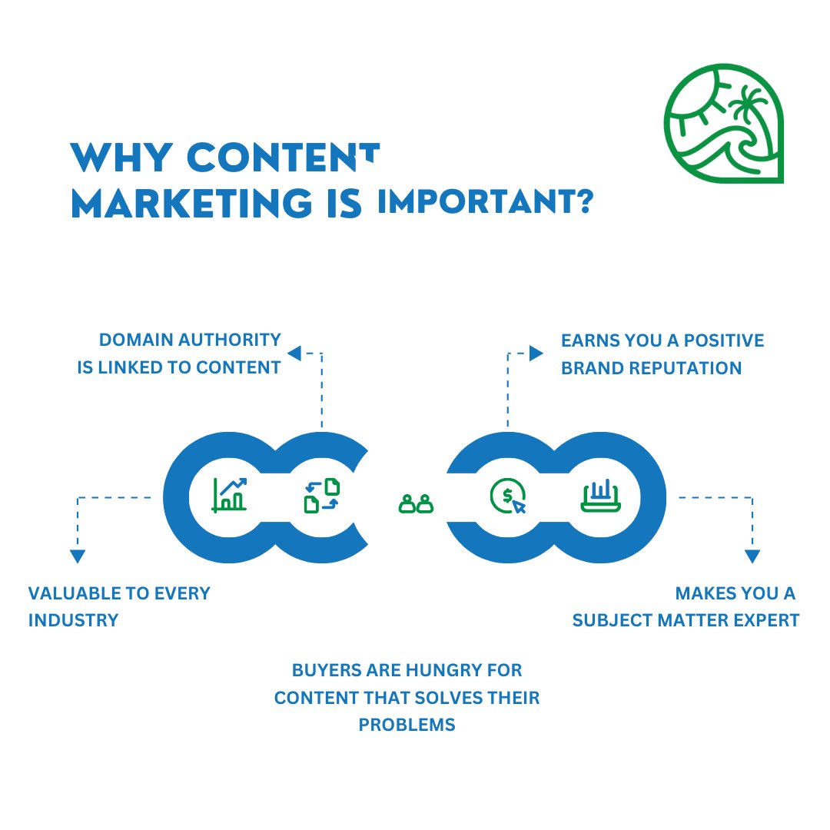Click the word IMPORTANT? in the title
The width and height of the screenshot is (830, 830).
[485, 202]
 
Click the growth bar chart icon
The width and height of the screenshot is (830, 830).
[230, 494]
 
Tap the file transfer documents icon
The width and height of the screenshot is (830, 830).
[322, 496]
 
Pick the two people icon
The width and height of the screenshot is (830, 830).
[416, 503]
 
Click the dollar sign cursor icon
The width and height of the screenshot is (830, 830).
[508, 496]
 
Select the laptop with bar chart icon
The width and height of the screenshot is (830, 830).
[600, 496]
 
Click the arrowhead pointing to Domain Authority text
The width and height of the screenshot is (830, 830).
[294, 353]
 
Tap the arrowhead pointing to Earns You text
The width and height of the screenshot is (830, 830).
[536, 353]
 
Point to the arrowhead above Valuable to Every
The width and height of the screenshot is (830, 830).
[77, 556]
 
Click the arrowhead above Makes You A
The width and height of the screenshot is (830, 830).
[752, 556]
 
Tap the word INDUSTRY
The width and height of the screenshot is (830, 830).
[73, 619]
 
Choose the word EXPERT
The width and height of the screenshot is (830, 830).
[766, 619]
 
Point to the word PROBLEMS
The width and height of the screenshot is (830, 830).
[407, 725]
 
